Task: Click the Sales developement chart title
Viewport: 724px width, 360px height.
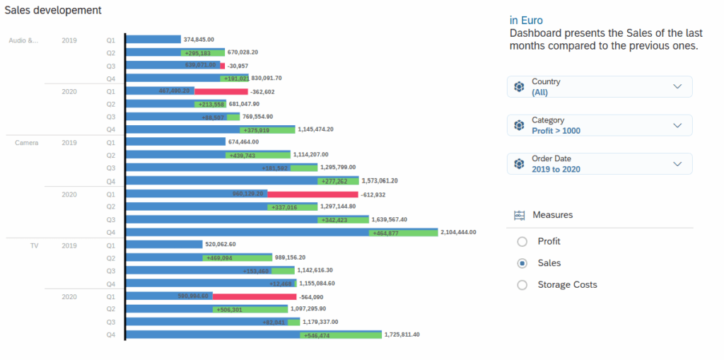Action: (x=53, y=11)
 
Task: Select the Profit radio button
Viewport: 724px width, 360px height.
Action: (x=522, y=241)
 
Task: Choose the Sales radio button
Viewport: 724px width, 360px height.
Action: (x=522, y=263)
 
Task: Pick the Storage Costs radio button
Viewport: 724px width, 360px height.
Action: (x=522, y=285)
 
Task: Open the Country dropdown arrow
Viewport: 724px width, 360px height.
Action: (x=677, y=86)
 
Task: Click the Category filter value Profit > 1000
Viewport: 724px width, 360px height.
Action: (x=557, y=131)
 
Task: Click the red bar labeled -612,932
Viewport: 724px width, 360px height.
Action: (x=313, y=194)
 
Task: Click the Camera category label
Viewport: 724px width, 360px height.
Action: (x=26, y=142)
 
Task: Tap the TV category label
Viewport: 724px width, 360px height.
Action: (x=34, y=245)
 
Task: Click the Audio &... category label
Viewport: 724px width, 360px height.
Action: (x=23, y=40)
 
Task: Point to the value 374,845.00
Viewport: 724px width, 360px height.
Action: (x=199, y=40)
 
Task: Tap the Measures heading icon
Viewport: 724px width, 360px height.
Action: (x=519, y=215)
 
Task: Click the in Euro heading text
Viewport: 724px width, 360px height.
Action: (x=526, y=21)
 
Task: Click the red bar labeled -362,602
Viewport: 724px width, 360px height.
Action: (x=221, y=91)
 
